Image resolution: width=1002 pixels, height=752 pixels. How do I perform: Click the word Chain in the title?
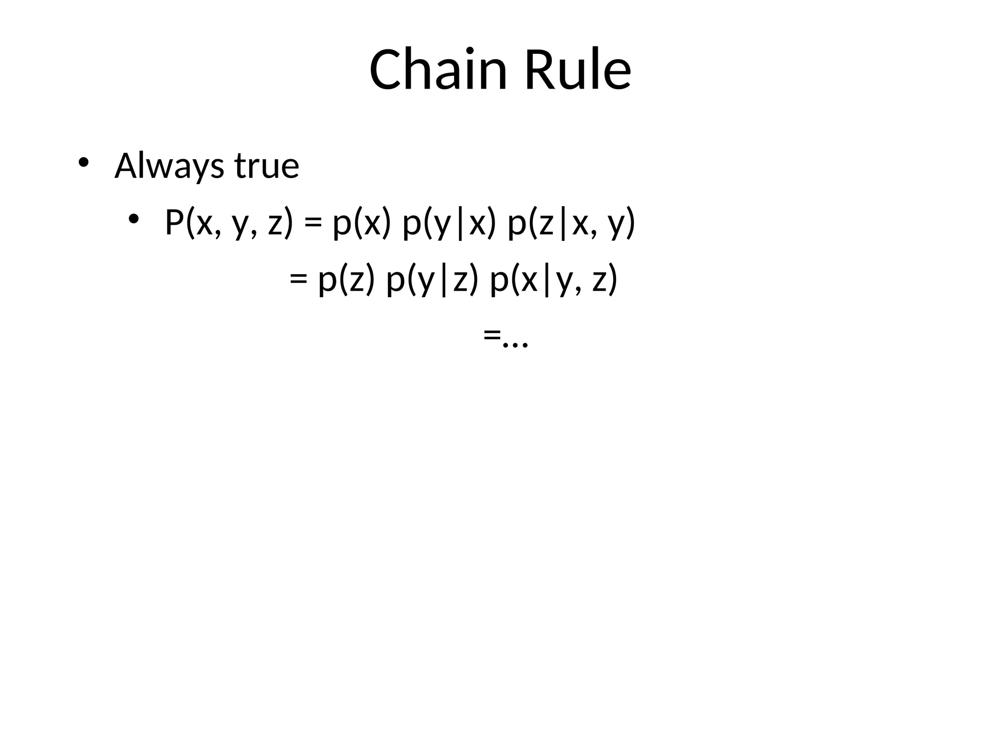[438, 70]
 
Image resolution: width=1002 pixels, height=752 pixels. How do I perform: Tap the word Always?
[169, 166]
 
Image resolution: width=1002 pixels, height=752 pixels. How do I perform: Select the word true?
[267, 166]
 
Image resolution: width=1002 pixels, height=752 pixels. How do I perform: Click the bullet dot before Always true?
[83, 162]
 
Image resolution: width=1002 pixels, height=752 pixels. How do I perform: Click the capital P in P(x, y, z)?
[174, 222]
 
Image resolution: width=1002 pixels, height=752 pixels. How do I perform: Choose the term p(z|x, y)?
[571, 223]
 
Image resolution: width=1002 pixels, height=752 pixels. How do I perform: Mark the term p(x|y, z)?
[553, 280]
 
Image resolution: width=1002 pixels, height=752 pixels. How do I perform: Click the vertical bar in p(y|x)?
[460, 224]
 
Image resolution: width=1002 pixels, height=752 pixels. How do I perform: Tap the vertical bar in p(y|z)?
[444, 281]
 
